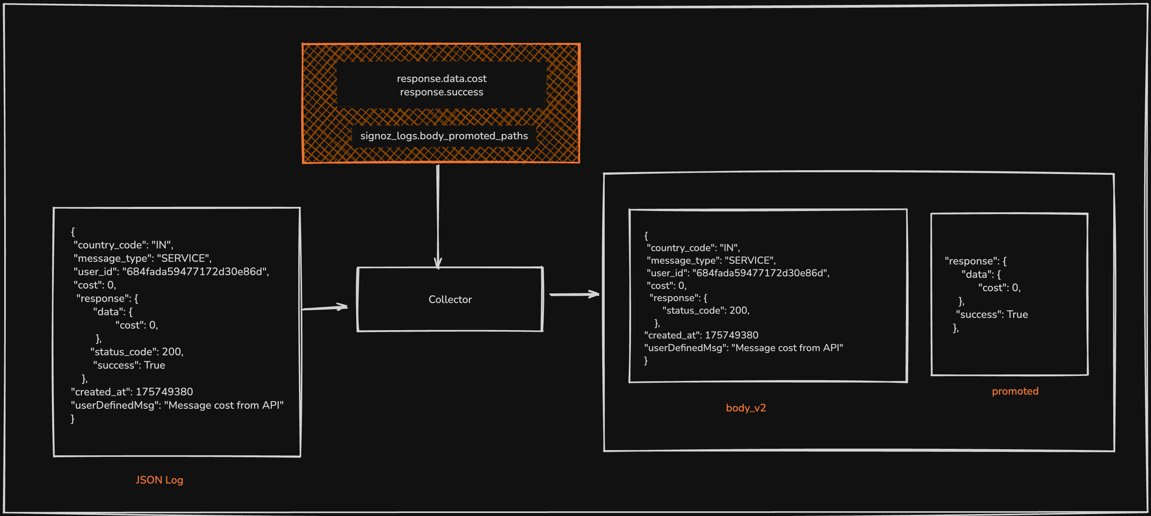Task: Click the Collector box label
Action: [x=450, y=299]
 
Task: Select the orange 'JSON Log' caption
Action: [x=159, y=480]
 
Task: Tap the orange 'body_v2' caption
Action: [x=746, y=408]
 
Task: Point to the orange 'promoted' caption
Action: [x=1015, y=391]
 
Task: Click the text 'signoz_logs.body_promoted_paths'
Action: [x=444, y=136]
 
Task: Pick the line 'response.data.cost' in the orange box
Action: [x=441, y=79]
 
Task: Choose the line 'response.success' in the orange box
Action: [x=441, y=92]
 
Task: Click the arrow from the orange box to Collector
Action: [x=438, y=214]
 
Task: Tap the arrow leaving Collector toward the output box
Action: [x=574, y=294]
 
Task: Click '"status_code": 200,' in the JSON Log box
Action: [x=137, y=352]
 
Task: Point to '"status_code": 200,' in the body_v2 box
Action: [x=705, y=311]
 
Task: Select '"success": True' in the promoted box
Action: [x=991, y=314]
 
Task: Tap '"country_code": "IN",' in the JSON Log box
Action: [x=123, y=245]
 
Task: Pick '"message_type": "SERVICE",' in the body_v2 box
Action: [x=711, y=260]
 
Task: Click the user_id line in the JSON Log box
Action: [x=171, y=272]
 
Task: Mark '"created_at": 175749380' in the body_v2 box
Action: [x=701, y=335]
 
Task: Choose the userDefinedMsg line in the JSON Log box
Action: [x=177, y=405]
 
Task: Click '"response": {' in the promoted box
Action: [x=975, y=261]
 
